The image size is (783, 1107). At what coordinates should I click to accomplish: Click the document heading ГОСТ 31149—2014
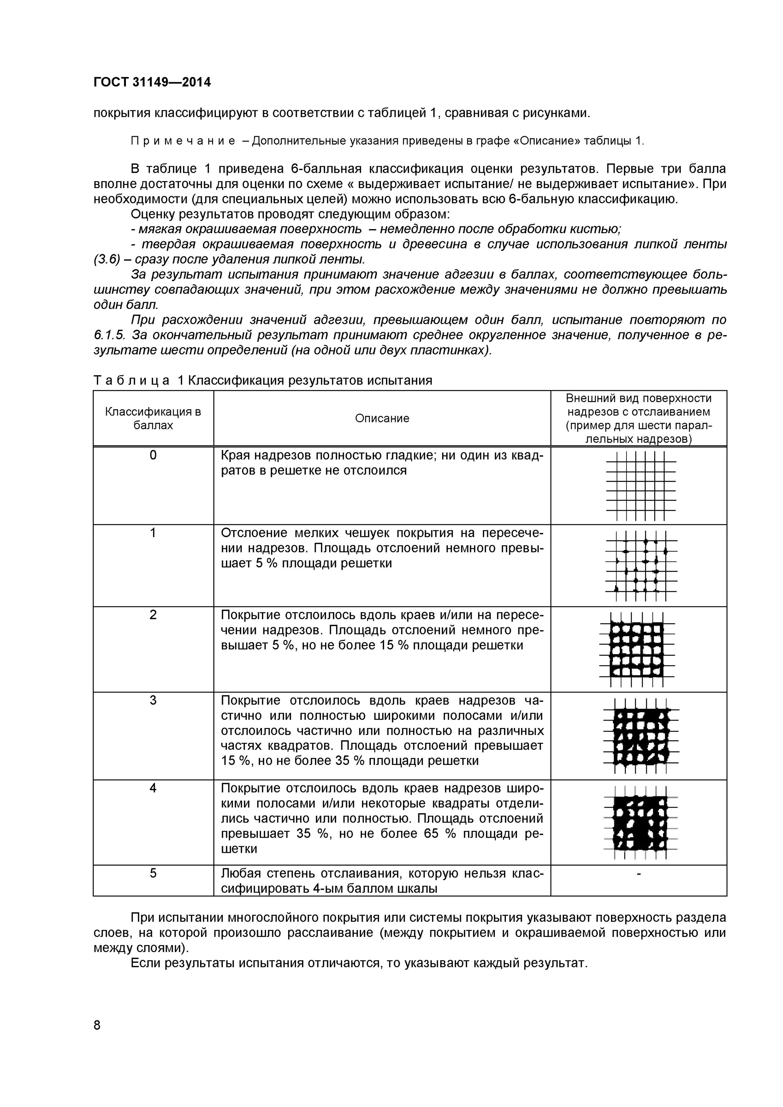point(152,82)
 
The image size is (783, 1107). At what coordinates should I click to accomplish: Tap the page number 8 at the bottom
point(97,1025)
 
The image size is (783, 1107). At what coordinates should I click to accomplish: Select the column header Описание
point(382,418)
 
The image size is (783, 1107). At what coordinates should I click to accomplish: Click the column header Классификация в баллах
point(153,418)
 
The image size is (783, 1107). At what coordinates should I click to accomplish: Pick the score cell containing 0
point(153,455)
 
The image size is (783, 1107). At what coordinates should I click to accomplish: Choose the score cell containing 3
point(153,700)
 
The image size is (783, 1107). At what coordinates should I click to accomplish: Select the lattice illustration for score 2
point(637,649)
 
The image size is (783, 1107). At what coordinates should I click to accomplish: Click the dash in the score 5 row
point(639,873)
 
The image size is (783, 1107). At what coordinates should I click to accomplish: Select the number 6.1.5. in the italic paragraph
point(110,335)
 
